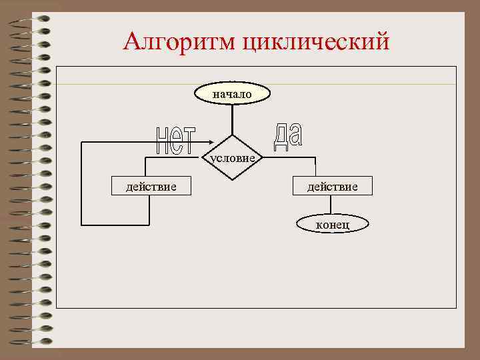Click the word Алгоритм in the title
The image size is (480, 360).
pos(179,42)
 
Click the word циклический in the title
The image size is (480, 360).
pos(315,43)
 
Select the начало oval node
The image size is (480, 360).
pos(232,94)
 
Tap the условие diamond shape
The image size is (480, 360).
pos(232,157)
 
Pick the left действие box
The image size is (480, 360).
pos(151,186)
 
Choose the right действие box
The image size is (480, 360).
pos(331,186)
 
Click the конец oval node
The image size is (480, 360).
pos(332,225)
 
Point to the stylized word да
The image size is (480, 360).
pos(287,136)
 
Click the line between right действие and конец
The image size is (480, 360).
pos(332,205)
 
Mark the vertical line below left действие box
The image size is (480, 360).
pos(148,211)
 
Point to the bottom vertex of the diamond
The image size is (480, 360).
pos(232,181)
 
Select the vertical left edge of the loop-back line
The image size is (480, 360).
pos(81,183)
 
